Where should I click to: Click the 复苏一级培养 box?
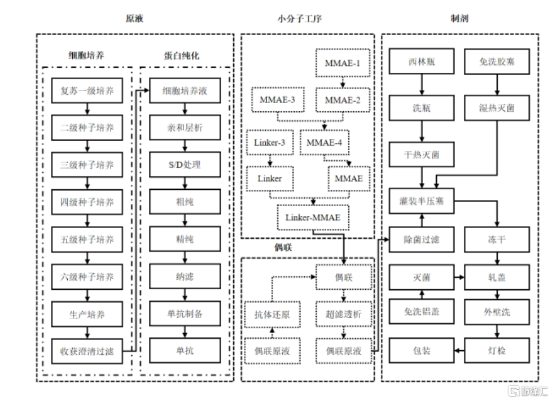coord(87,91)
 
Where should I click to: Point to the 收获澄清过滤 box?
coord(87,351)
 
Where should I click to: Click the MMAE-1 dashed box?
coord(342,63)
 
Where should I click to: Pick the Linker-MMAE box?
coord(313,217)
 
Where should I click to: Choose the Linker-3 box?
coord(269,143)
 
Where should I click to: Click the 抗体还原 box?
coord(271,314)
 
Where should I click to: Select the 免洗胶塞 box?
coord(497,61)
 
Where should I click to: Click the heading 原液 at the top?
coord(134,19)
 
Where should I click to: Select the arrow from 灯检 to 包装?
coord(459,351)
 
